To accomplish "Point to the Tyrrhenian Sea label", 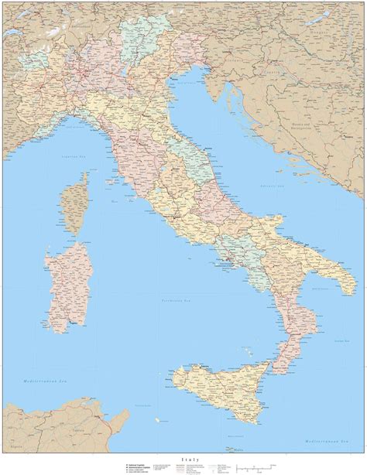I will click(x=175, y=300).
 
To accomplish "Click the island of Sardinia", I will click(x=65, y=275).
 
